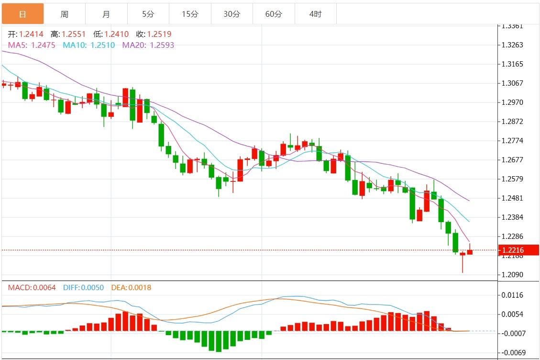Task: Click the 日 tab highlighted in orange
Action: (x=22, y=14)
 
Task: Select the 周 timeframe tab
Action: (x=64, y=14)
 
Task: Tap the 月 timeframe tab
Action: (x=106, y=14)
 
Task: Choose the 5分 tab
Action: (x=148, y=14)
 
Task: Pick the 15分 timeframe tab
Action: (x=189, y=14)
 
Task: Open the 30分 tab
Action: (x=231, y=14)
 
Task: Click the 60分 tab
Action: (x=274, y=14)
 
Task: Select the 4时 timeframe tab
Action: (x=315, y=14)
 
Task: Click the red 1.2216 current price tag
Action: (x=518, y=250)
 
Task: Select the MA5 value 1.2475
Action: (x=43, y=45)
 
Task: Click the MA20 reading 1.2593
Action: (x=162, y=45)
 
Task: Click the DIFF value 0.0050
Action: (x=93, y=288)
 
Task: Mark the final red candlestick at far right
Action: (x=470, y=252)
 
